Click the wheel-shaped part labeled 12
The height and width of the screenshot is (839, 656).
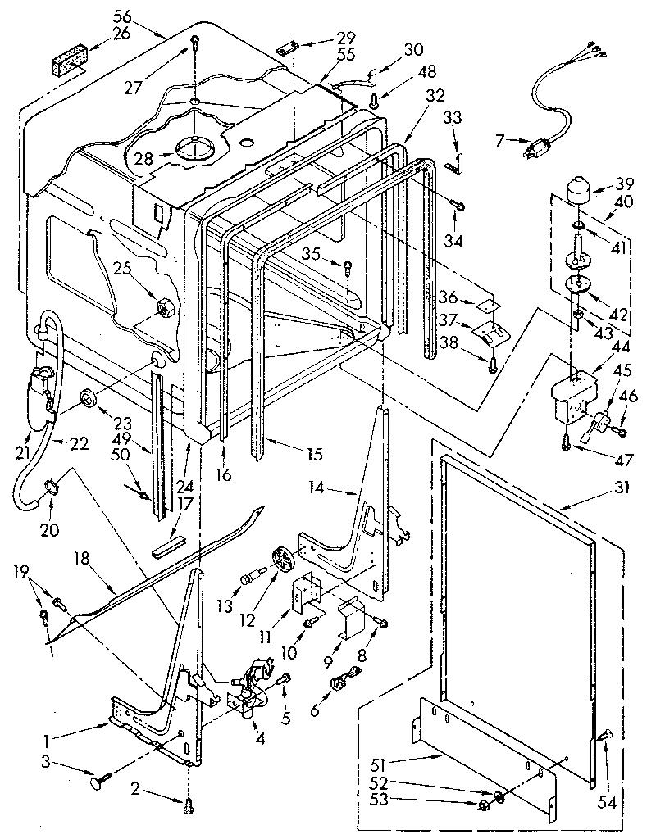click(x=282, y=562)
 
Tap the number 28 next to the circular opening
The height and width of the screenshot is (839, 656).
click(x=144, y=157)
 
